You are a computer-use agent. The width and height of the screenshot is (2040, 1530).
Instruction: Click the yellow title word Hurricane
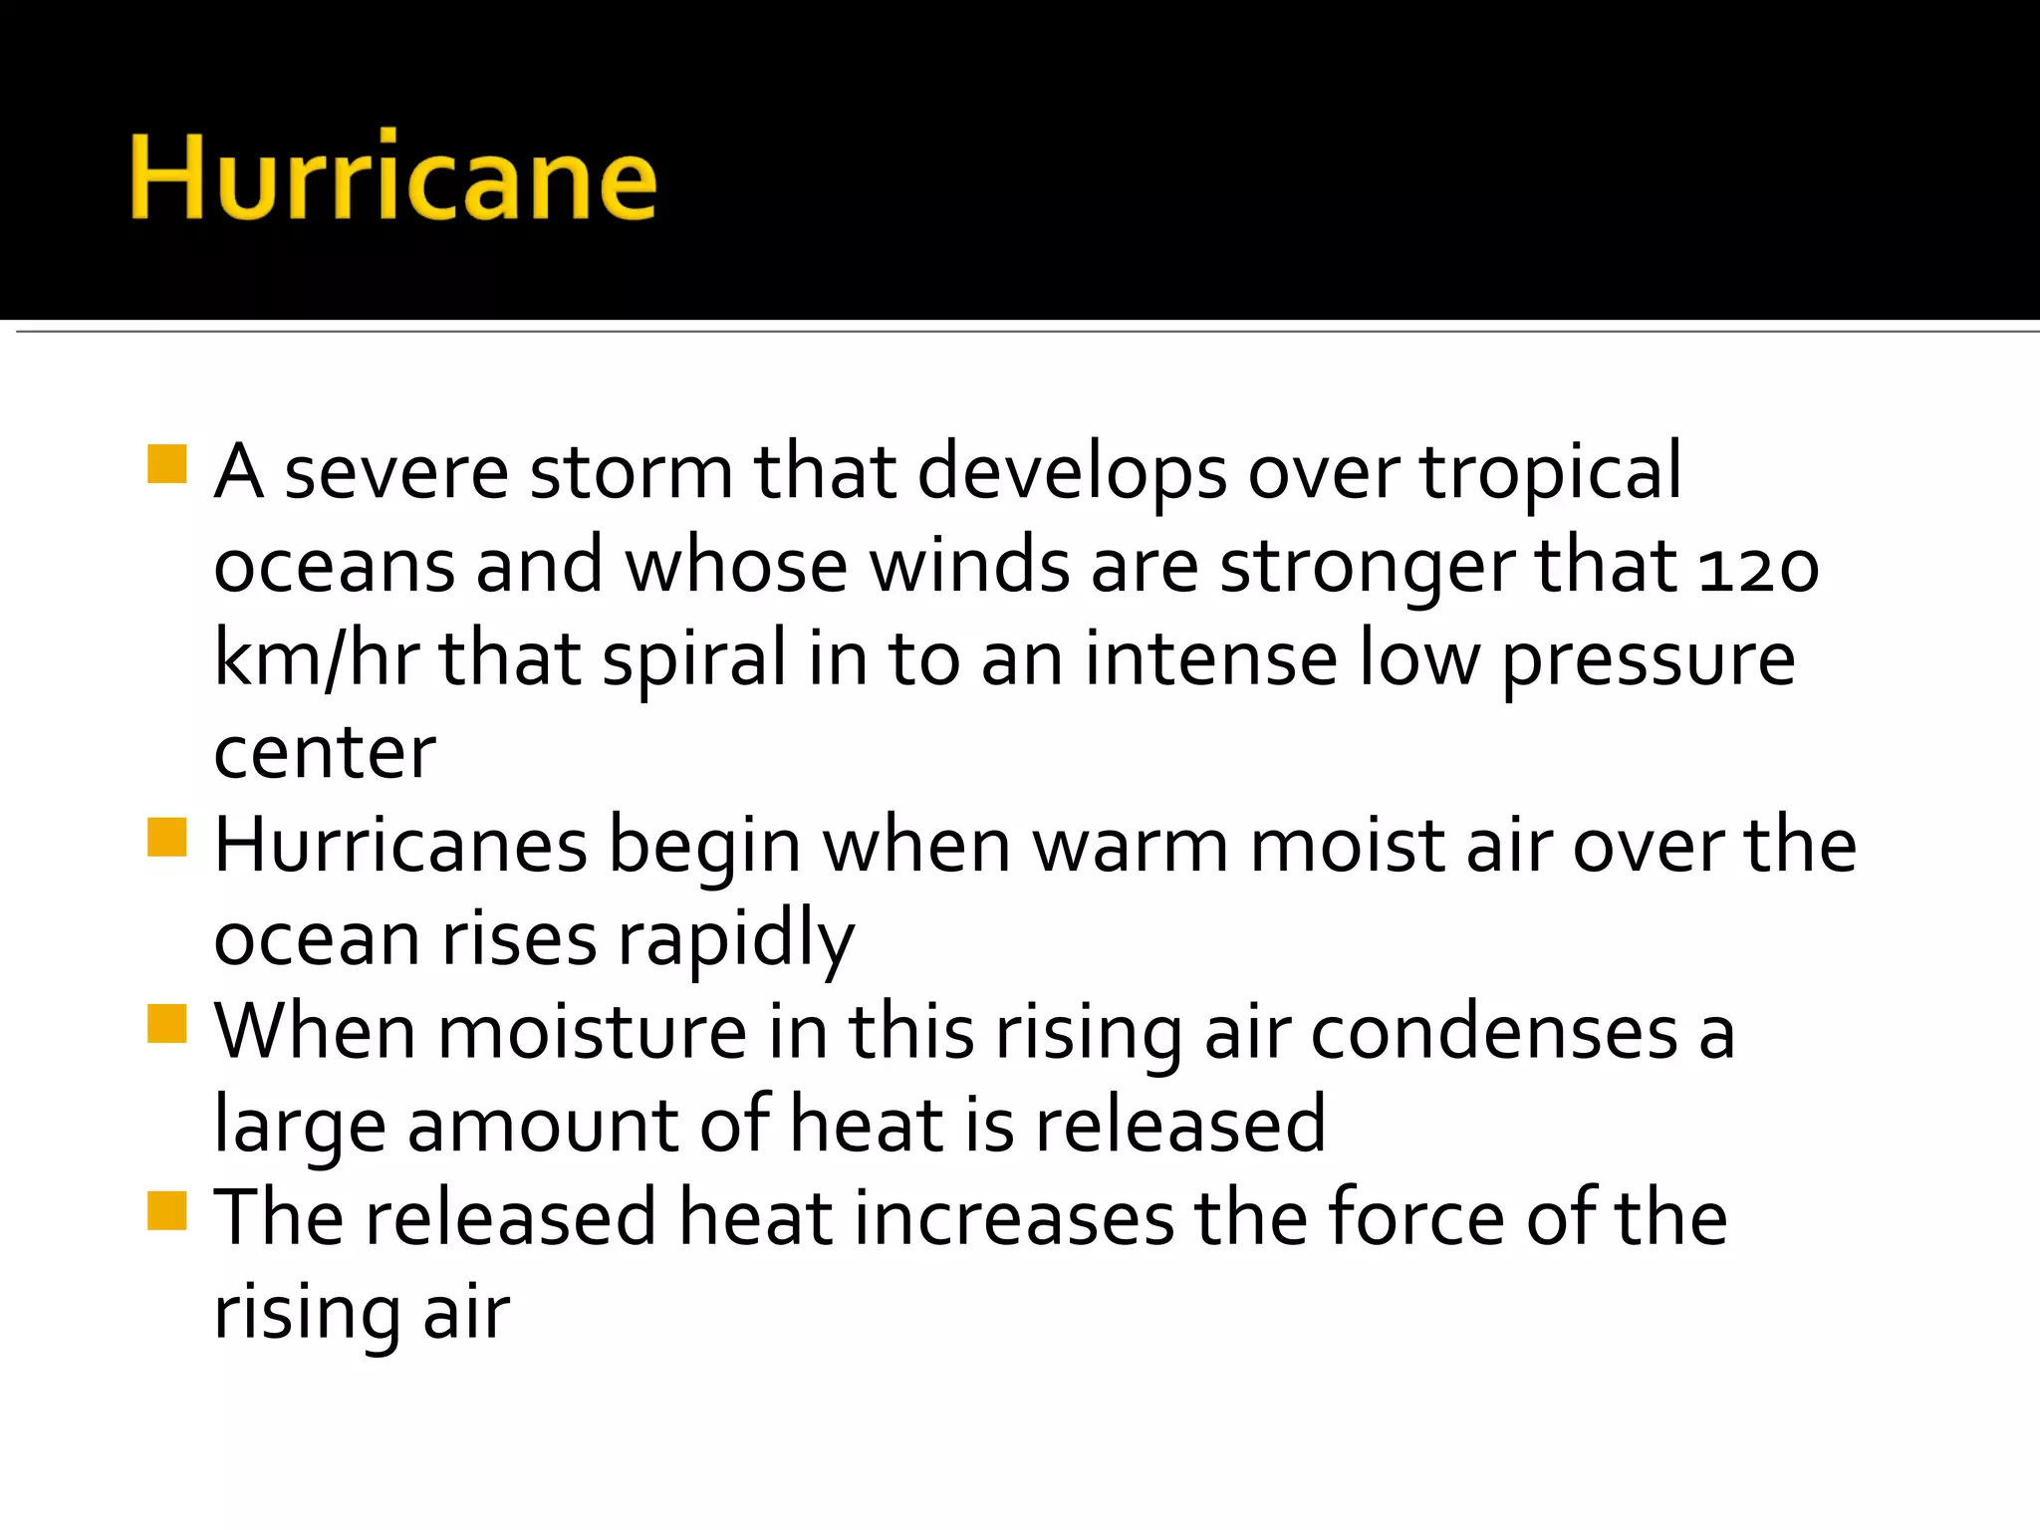(393, 177)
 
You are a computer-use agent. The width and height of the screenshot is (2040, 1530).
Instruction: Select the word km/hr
(316, 659)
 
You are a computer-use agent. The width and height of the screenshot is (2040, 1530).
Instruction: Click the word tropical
(1550, 472)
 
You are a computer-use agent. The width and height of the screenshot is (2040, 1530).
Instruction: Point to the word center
(325, 753)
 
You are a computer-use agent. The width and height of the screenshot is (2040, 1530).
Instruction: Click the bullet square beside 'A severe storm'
(167, 464)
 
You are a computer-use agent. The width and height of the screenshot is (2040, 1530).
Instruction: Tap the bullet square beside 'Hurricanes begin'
(167, 838)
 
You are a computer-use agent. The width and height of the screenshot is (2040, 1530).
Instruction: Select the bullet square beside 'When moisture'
(167, 1024)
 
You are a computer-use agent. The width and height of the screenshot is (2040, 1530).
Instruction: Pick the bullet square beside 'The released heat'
(167, 1211)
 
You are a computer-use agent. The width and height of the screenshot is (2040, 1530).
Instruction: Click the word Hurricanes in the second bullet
(400, 846)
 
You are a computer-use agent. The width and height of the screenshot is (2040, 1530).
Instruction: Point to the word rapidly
(736, 940)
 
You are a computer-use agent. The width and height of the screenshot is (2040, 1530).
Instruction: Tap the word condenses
(1494, 1033)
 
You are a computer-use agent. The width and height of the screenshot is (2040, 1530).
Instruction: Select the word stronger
(1367, 568)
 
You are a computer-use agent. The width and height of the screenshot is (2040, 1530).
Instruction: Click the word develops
(1072, 472)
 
